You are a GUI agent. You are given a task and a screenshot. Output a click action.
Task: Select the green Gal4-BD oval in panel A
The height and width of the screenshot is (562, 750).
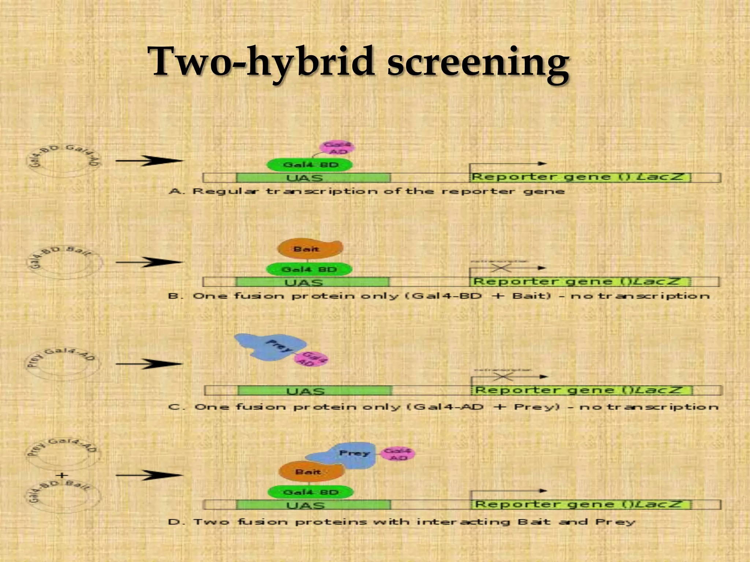pyautogui.click(x=310, y=165)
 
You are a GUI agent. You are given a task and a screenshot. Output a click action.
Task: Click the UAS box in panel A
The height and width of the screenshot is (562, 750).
pyautogui.click(x=313, y=178)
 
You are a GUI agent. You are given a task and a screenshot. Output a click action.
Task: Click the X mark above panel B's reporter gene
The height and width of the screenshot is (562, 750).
pyautogui.click(x=501, y=268)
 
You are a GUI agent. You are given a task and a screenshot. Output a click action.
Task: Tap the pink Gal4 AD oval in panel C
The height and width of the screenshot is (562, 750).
pyautogui.click(x=311, y=359)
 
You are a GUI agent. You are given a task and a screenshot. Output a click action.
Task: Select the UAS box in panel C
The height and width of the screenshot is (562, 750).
pyautogui.click(x=314, y=391)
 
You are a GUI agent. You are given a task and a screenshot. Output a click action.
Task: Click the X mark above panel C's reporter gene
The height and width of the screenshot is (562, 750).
pyautogui.click(x=504, y=376)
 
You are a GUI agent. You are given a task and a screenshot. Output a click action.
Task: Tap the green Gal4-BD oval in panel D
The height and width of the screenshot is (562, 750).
pyautogui.click(x=311, y=492)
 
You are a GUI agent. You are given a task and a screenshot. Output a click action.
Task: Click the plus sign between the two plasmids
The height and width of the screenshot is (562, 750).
pyautogui.click(x=62, y=475)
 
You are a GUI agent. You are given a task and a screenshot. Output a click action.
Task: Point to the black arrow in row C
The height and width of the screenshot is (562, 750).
pyautogui.click(x=149, y=364)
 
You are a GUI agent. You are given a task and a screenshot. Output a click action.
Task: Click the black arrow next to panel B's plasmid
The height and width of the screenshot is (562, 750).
pyautogui.click(x=149, y=262)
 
